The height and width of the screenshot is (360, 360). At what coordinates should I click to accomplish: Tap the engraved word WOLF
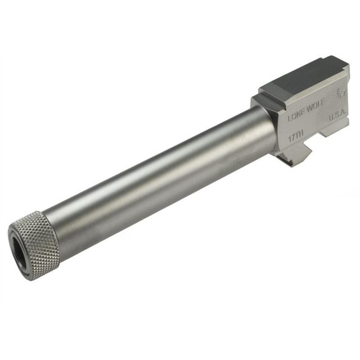click(315, 109)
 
